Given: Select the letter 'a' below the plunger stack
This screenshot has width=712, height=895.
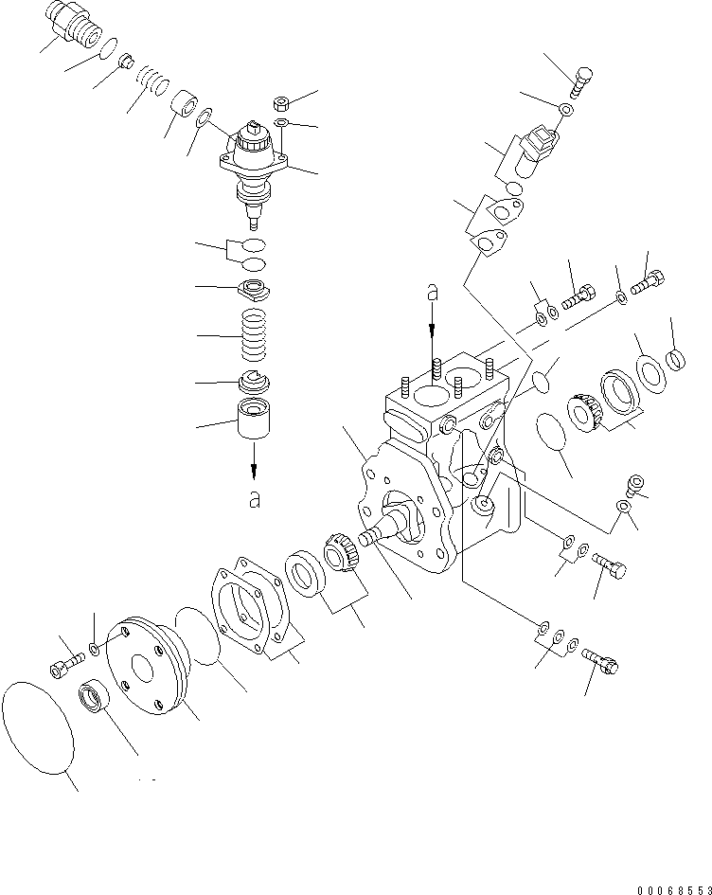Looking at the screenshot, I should click(254, 500).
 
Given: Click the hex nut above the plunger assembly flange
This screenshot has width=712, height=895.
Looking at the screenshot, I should click(280, 102).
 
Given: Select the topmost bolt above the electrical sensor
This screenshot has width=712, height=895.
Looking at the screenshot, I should click(582, 81).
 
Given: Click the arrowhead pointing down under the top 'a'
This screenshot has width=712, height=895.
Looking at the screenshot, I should click(432, 331).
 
